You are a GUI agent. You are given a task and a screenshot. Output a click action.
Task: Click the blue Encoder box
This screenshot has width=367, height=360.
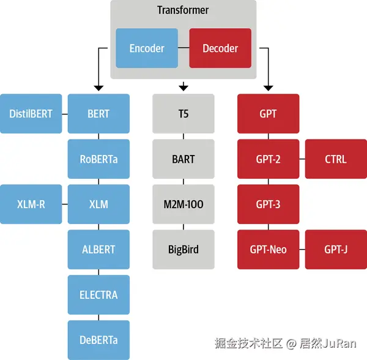(147, 48)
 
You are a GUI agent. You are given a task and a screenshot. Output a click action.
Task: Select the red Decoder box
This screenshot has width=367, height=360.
(220, 48)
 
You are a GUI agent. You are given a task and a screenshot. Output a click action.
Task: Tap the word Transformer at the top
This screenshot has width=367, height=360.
(183, 10)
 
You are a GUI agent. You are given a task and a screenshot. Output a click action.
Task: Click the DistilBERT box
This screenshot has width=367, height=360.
(31, 114)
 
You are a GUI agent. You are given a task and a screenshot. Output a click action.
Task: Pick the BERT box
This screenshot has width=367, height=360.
(98, 114)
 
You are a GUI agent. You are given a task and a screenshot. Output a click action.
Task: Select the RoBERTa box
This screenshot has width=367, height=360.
(98, 159)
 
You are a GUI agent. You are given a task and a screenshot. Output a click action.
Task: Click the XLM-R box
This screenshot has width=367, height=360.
(31, 204)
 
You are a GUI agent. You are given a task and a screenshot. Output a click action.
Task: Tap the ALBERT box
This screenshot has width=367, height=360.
(98, 250)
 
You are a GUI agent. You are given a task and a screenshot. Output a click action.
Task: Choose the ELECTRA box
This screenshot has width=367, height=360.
(98, 295)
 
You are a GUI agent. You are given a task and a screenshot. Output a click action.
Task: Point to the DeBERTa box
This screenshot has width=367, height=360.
(98, 340)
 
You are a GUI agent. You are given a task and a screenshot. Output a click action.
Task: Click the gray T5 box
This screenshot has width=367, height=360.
(183, 114)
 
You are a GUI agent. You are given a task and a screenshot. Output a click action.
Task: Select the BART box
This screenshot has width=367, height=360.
(183, 159)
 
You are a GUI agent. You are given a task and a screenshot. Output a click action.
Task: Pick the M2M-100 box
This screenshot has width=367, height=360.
(183, 204)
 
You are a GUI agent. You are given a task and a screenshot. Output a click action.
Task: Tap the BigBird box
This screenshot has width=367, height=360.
(183, 250)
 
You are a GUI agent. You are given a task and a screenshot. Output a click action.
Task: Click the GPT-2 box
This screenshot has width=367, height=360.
(268, 159)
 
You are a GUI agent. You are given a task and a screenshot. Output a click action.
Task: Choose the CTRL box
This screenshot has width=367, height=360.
(336, 159)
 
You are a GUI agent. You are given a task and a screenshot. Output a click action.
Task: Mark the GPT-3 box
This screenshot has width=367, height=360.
(268, 204)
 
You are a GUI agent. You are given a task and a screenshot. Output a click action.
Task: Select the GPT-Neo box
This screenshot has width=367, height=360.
(268, 250)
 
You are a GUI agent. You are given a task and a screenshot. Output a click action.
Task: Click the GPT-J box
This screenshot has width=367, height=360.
(336, 250)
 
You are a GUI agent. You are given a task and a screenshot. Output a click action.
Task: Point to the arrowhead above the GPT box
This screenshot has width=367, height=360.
(268, 88)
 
